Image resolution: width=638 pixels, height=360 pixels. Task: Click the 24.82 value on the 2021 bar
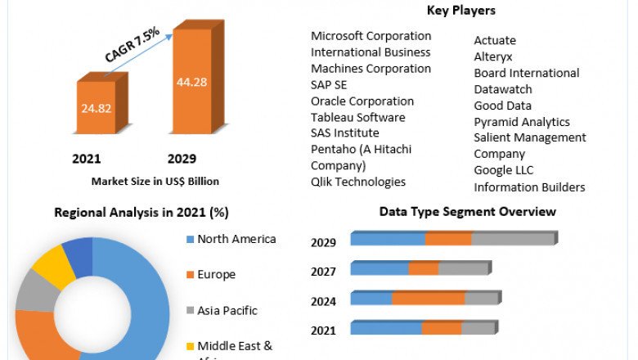(96, 106)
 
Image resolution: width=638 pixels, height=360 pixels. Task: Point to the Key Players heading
(461, 11)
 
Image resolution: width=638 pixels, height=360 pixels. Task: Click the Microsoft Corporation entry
(371, 36)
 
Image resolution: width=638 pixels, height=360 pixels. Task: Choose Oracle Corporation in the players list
(362, 101)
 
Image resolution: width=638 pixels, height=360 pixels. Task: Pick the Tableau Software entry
(357, 117)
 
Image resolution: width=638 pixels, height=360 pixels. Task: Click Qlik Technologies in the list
(358, 182)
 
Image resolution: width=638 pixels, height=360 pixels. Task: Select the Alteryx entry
(494, 56)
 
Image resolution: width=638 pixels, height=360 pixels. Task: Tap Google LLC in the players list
(503, 170)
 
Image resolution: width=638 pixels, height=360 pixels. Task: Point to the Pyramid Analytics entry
(522, 122)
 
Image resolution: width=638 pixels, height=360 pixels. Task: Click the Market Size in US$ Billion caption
(155, 181)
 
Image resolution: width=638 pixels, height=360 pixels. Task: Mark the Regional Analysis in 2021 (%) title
(141, 213)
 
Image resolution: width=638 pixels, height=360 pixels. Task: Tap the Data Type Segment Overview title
(467, 212)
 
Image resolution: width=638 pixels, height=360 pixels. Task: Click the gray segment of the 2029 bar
(513, 239)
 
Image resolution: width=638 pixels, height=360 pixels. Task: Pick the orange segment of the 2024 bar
(429, 299)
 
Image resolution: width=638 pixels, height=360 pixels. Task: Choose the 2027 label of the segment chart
(323, 272)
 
